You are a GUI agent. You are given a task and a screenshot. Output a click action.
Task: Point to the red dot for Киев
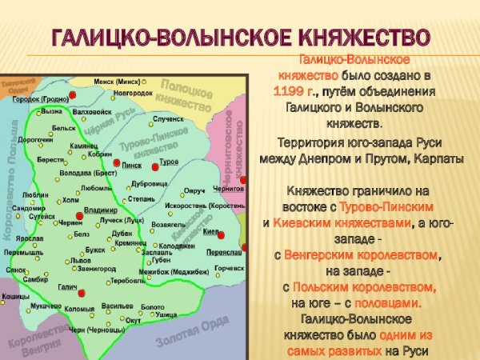tap(221, 234)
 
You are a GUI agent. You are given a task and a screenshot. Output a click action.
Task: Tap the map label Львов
tap(80, 261)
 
